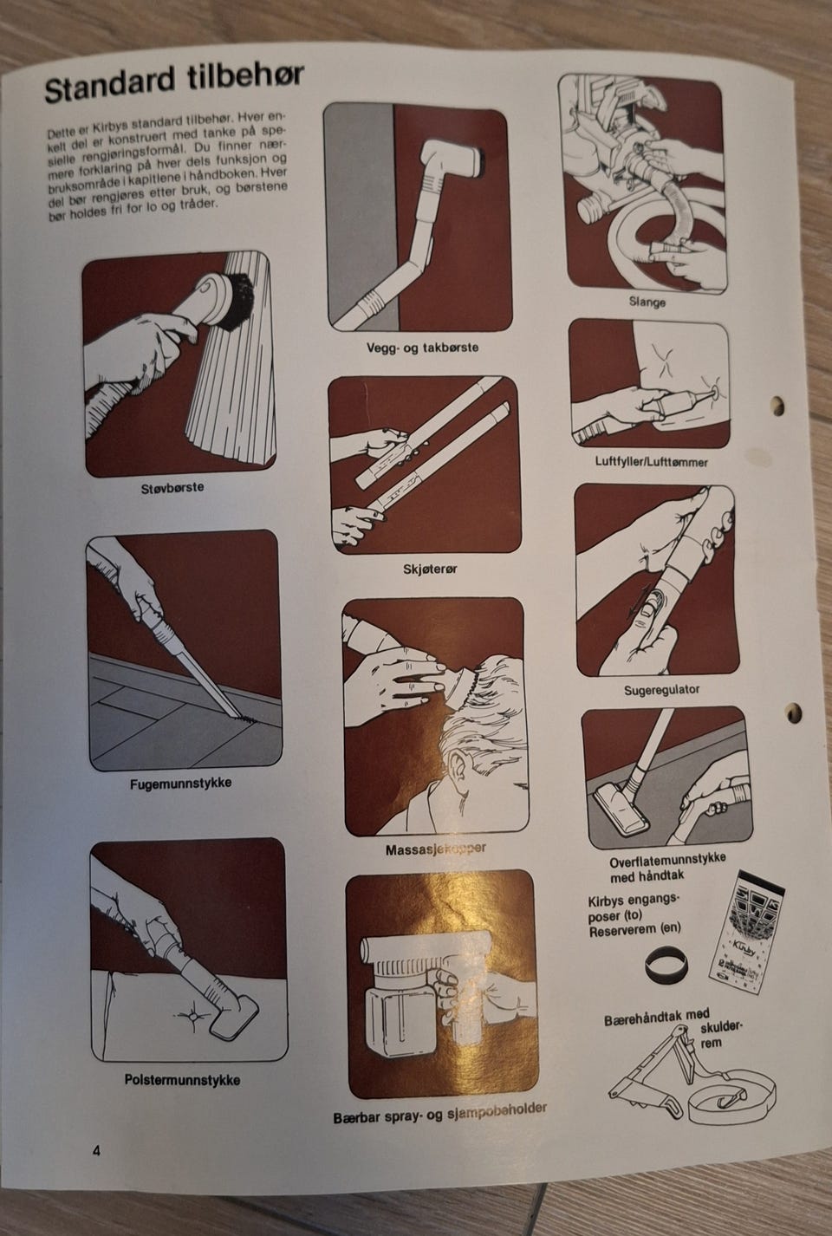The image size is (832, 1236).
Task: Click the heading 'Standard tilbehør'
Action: click(x=174, y=82)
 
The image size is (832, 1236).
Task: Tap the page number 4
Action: click(x=96, y=1150)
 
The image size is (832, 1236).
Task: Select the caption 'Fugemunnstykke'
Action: click(x=180, y=783)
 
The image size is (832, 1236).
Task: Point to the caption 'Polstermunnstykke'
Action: click(x=182, y=1080)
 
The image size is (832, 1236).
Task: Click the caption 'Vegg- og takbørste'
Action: click(x=422, y=348)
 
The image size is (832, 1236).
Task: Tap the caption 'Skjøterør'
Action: click(x=431, y=569)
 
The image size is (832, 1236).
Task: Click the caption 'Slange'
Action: click(x=647, y=302)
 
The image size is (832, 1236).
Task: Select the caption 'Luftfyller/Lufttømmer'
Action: click(x=651, y=461)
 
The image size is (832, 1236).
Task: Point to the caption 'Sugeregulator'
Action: click(x=661, y=690)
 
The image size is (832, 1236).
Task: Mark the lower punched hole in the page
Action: click(x=793, y=713)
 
